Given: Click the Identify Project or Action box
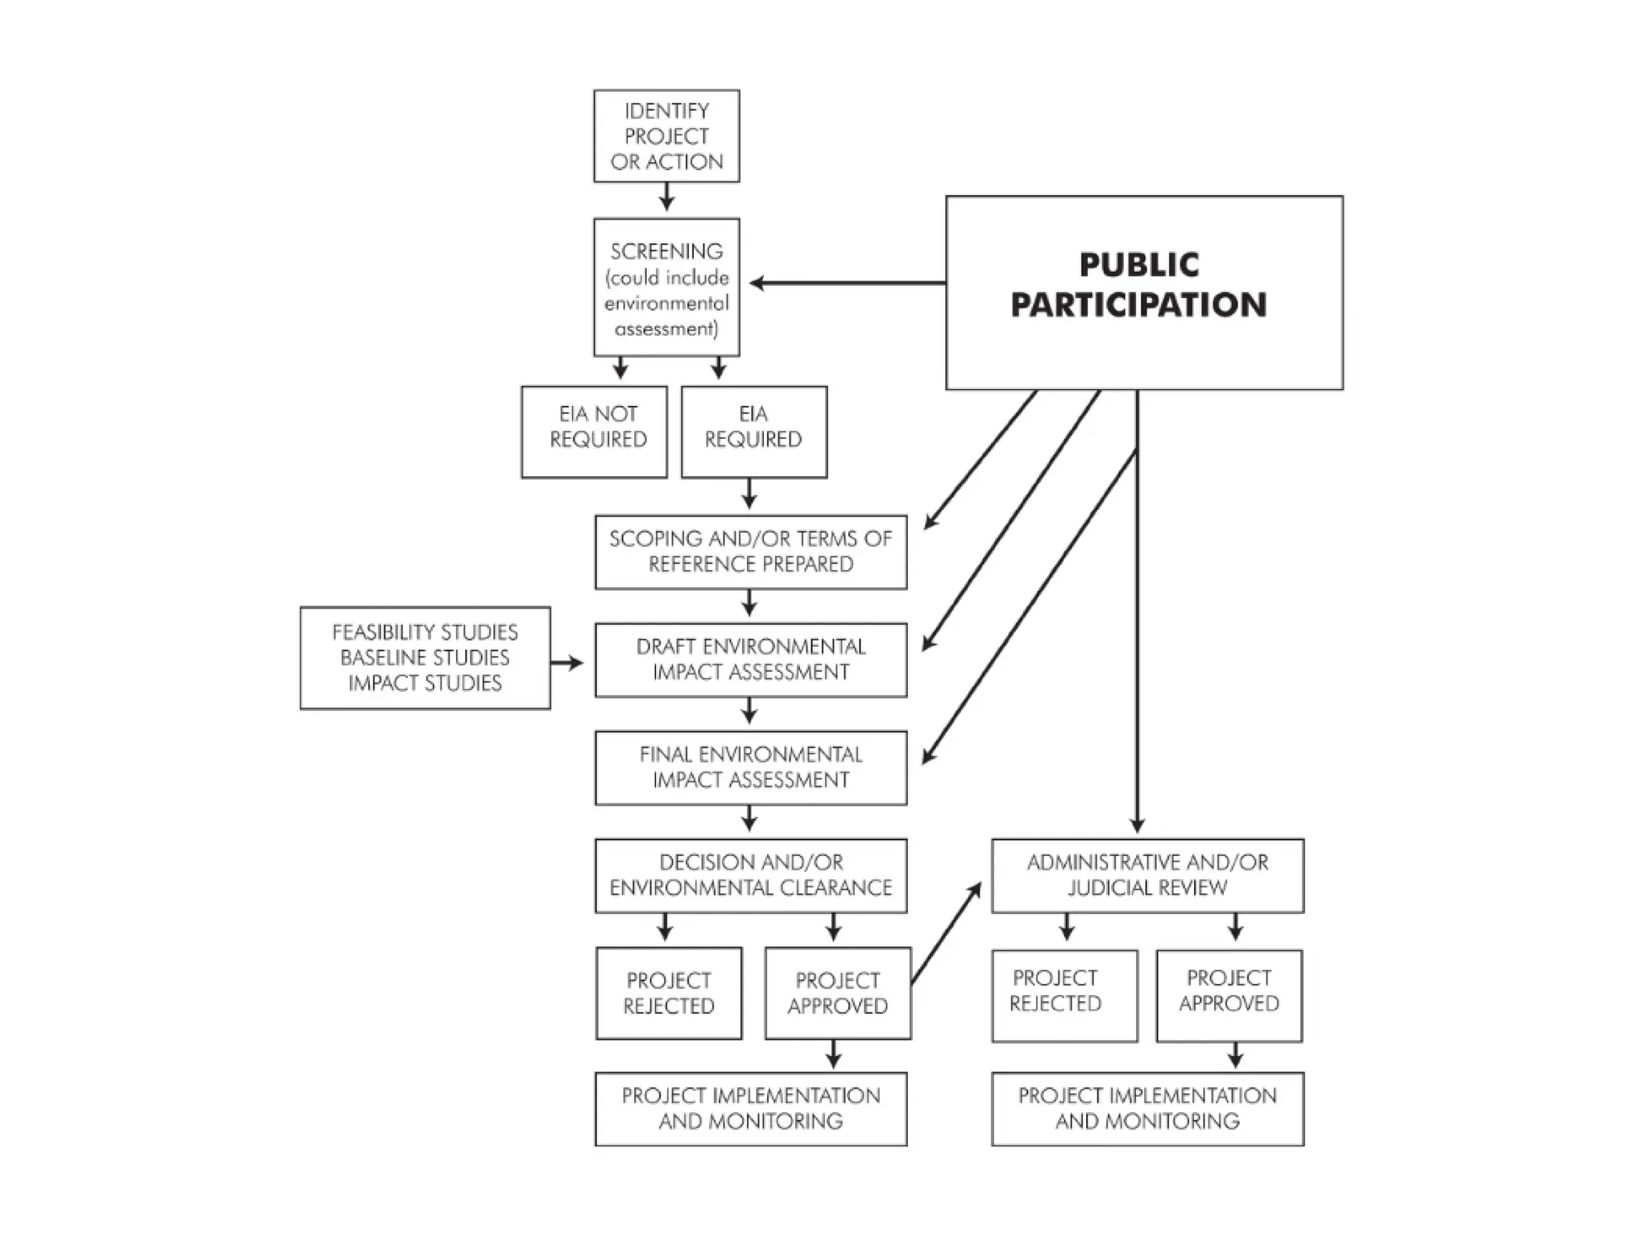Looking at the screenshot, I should (x=666, y=136).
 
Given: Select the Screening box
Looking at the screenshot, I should (x=666, y=288).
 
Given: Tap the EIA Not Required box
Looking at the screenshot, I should (x=595, y=432).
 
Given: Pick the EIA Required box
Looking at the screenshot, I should (x=754, y=432).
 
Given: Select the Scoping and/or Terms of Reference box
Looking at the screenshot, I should (x=751, y=552).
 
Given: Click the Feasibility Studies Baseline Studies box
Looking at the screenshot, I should (x=425, y=658).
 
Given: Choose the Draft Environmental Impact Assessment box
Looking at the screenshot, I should (x=751, y=660).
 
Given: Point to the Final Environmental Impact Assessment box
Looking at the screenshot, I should (x=751, y=767).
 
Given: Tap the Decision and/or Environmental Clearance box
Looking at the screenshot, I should (x=751, y=875).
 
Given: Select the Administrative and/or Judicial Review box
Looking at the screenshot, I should (x=1147, y=875).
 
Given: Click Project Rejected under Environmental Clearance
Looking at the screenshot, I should (x=669, y=993).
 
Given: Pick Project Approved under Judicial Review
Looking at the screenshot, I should (x=1229, y=995).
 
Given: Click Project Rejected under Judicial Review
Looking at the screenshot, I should (x=1064, y=995).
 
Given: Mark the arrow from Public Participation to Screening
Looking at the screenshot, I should (x=846, y=283).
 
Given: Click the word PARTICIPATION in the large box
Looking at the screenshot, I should (x=1138, y=305).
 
